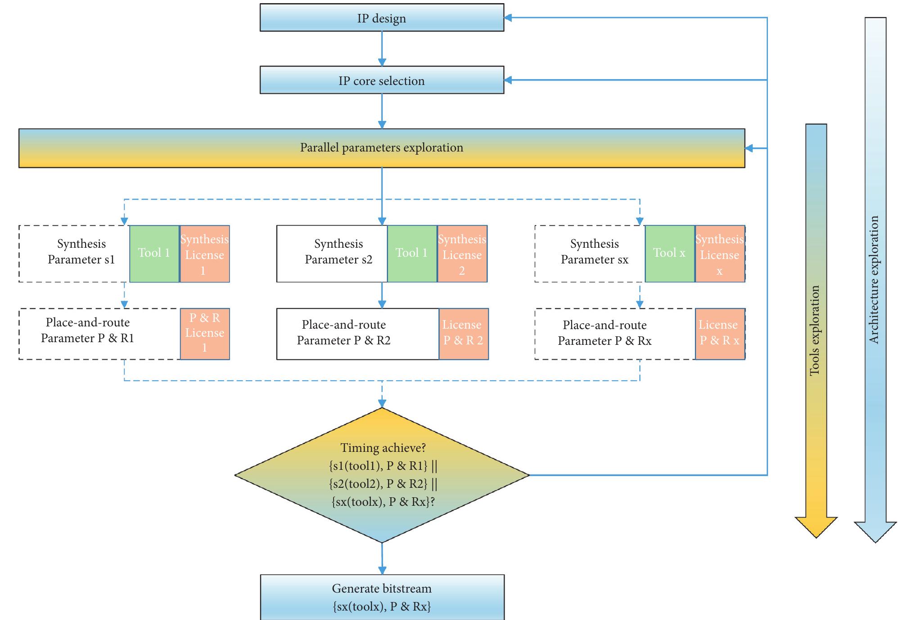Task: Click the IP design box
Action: tap(382, 18)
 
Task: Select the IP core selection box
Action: tap(382, 80)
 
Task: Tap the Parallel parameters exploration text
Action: tap(382, 148)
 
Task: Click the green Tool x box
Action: tap(669, 254)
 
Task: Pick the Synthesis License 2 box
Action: tap(462, 254)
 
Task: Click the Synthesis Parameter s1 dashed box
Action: tap(74, 254)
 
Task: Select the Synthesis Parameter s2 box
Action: tap(332, 254)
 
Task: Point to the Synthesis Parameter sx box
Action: tap(590, 254)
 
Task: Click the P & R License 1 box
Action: tap(205, 334)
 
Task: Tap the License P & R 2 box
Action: tap(463, 334)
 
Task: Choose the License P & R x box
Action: tap(719, 334)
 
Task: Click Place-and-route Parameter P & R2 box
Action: tap(357, 334)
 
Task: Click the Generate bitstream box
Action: tap(382, 597)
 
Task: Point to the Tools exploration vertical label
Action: tap(815, 330)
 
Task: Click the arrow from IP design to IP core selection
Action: tap(382, 49)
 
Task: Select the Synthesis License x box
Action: tap(719, 254)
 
